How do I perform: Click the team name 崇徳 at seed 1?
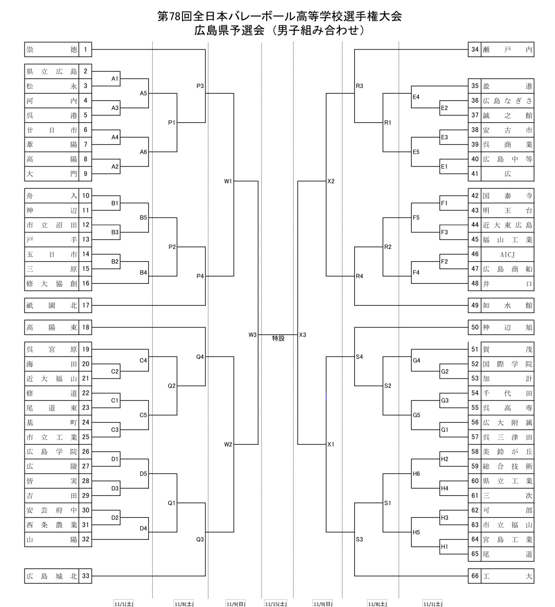[51, 50]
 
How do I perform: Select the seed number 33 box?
[85, 576]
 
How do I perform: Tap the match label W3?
[252, 335]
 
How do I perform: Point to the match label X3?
[303, 335]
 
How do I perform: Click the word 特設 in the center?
[278, 338]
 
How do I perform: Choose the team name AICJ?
[507, 254]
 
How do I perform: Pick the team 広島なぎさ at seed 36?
[507, 101]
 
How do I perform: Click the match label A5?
[143, 93]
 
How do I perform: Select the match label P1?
[172, 123]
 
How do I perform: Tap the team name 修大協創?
[51, 284]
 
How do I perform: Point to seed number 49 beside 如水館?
[475, 305]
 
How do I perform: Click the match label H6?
[416, 474]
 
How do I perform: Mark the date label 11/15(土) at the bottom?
[276, 604]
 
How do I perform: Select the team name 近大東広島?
[507, 225]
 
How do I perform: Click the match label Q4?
[200, 357]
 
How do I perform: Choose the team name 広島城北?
[51, 576]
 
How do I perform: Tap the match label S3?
[359, 539]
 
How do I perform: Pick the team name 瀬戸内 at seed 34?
[507, 50]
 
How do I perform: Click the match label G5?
[416, 415]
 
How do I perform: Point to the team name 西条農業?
[51, 525]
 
